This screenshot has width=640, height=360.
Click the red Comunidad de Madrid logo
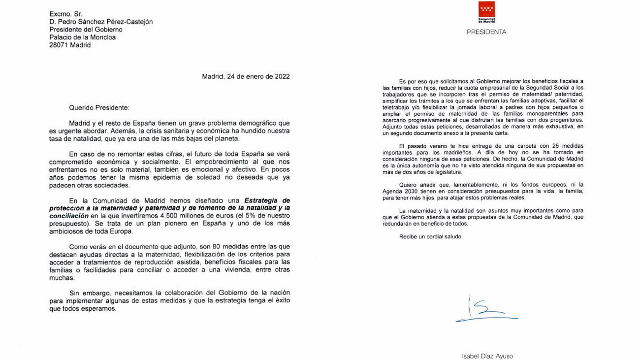pos(486,11)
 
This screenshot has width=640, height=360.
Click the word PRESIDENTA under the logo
pos(486,32)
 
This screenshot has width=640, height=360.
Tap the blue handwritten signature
pos(484,310)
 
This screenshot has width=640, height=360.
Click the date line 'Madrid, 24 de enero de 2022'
pos(246,76)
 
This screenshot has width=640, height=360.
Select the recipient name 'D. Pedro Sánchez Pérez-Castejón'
pos(100,22)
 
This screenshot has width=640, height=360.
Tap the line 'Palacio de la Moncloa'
pos(82,37)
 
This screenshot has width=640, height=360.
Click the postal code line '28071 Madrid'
pos(69,45)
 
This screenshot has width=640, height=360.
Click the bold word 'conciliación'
pos(68,216)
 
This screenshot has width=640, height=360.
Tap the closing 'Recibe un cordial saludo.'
pos(431,236)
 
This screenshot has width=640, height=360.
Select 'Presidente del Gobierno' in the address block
pos(86,30)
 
